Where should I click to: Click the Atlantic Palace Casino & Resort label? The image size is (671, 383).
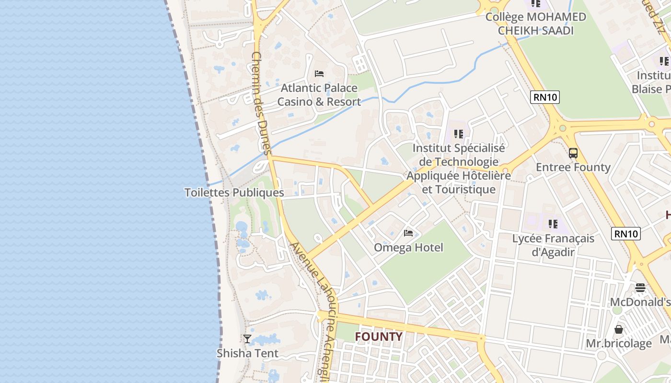click(319, 95)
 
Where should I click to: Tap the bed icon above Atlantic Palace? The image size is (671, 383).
click(319, 74)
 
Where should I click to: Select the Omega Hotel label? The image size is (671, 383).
click(408, 248)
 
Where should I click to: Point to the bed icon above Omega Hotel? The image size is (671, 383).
click(408, 233)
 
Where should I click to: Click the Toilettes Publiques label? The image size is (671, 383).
click(234, 192)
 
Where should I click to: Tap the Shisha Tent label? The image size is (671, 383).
click(247, 353)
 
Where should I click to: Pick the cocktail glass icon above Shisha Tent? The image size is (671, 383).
click(247, 339)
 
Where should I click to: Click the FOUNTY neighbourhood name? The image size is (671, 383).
click(378, 337)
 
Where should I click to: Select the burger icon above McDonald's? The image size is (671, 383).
click(640, 288)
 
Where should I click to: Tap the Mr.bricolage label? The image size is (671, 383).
click(619, 343)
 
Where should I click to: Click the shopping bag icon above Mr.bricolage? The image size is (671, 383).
click(619, 329)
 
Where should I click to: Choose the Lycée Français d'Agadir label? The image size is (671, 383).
click(553, 245)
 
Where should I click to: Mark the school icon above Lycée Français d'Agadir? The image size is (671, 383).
click(553, 224)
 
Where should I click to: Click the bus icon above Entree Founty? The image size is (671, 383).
click(573, 153)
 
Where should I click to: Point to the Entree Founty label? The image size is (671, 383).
click(573, 167)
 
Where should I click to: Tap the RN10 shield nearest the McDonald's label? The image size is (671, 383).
click(626, 234)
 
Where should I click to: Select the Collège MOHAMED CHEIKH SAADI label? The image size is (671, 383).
click(535, 23)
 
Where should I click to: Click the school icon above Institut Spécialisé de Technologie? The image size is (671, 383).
click(459, 134)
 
